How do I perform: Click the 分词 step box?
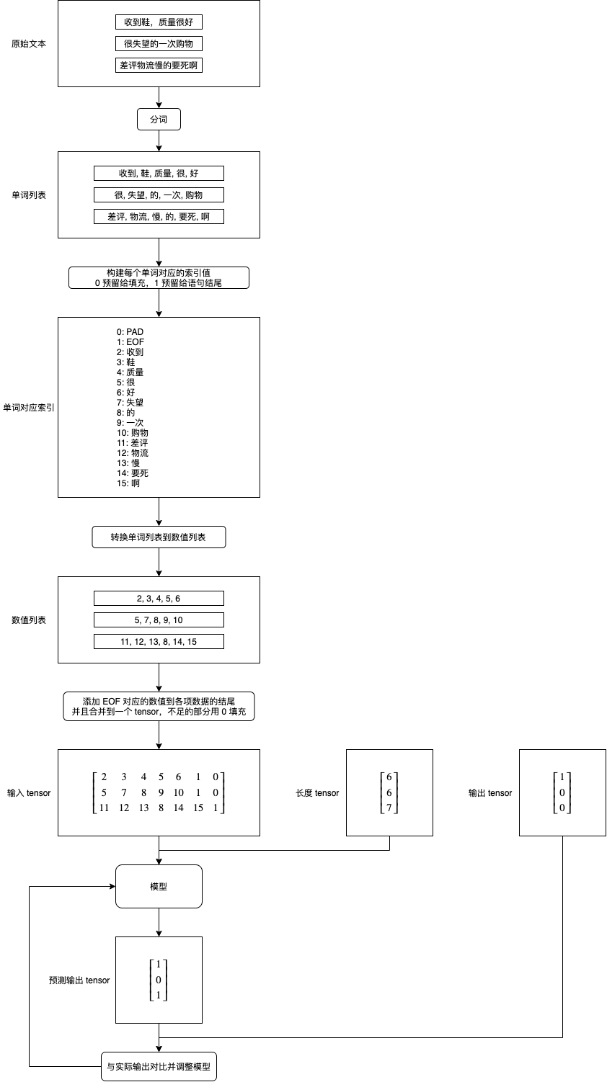(159, 120)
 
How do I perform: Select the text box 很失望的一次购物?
(159, 44)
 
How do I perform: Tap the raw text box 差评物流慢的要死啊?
(159, 66)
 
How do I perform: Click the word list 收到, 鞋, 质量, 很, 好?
(159, 174)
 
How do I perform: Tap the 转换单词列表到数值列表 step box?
(159, 537)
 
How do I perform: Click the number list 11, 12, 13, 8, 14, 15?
(159, 642)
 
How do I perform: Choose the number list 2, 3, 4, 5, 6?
(159, 599)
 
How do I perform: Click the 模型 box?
(159, 887)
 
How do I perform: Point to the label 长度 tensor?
(317, 793)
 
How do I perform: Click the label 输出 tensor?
(490, 793)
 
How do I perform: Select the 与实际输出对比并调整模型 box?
(159, 1067)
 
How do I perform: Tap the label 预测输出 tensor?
(79, 980)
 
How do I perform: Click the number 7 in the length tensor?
(389, 808)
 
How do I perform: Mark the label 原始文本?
(29, 44)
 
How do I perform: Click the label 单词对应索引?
(29, 408)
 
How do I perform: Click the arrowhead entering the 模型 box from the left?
(112, 887)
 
